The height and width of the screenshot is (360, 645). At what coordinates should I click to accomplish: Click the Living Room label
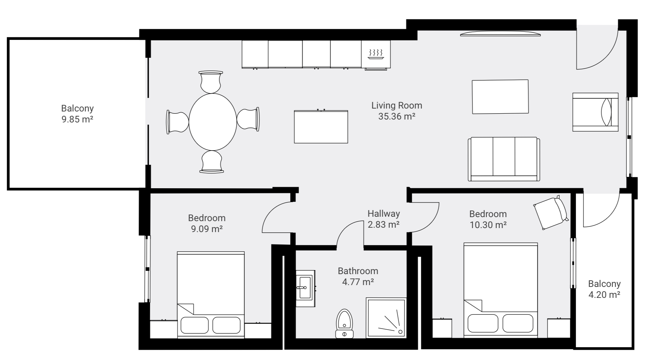(x=397, y=106)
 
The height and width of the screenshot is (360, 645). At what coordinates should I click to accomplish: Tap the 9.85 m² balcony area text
(x=77, y=120)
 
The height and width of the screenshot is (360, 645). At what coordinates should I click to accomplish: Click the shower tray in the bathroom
(x=386, y=317)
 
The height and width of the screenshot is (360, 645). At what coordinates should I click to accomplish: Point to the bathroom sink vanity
(x=305, y=288)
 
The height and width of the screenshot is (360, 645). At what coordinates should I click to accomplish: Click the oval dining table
(x=213, y=122)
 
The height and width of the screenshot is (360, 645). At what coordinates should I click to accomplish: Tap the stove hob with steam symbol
(x=376, y=54)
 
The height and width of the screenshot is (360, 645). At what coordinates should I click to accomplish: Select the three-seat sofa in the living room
(x=504, y=159)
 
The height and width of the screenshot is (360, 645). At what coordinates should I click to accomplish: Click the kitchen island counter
(x=321, y=127)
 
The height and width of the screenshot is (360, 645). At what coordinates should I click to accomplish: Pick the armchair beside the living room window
(x=595, y=112)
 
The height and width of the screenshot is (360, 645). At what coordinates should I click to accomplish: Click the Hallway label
(x=383, y=214)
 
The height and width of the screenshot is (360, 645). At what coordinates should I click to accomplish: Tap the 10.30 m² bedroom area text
(x=488, y=225)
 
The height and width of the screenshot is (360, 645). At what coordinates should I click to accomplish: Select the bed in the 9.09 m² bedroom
(x=211, y=294)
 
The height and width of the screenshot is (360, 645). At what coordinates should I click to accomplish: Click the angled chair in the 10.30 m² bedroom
(x=550, y=213)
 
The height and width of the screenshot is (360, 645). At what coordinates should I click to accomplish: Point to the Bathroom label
(x=358, y=271)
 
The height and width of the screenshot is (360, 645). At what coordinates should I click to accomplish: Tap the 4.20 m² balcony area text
(x=604, y=295)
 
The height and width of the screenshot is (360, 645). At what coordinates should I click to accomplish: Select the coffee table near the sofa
(x=500, y=97)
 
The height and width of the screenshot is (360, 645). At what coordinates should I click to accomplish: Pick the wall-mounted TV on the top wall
(x=500, y=34)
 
